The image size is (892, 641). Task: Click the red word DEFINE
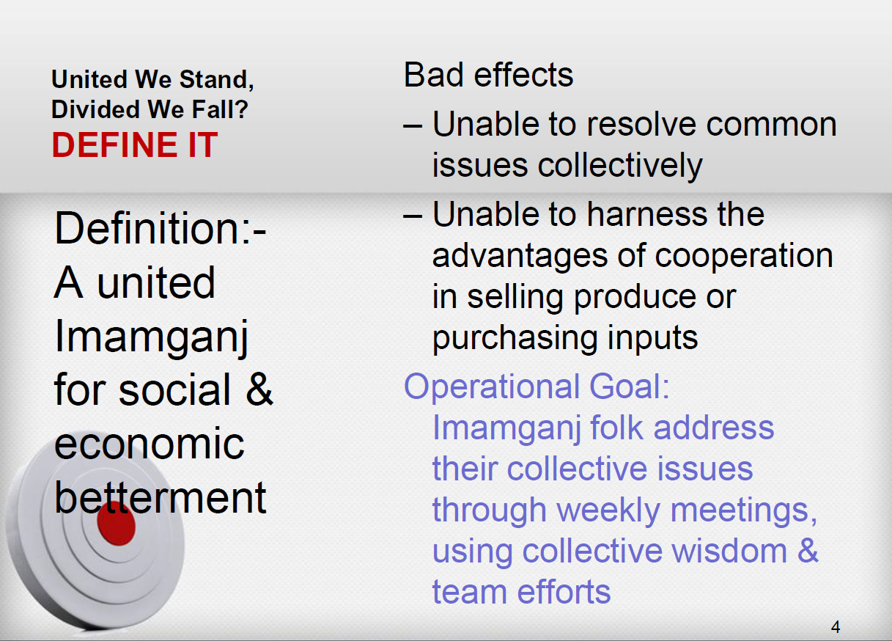pos(114,144)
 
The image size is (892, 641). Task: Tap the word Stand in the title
pos(217,79)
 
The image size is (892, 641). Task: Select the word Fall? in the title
pos(220,109)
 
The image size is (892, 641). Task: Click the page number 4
pos(836,627)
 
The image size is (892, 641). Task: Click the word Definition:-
pos(161,228)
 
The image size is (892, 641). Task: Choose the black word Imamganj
pos(151,337)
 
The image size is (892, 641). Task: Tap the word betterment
pos(161,497)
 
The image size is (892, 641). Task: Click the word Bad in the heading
pos(434,75)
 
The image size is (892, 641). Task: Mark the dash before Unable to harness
pos(412,216)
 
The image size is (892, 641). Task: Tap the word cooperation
pos(744,256)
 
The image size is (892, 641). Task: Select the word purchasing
pos(515,338)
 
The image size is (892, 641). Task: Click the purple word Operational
pos(492,387)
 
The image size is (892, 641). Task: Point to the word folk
pos(616,427)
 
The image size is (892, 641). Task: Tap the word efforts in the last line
pos(564,592)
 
